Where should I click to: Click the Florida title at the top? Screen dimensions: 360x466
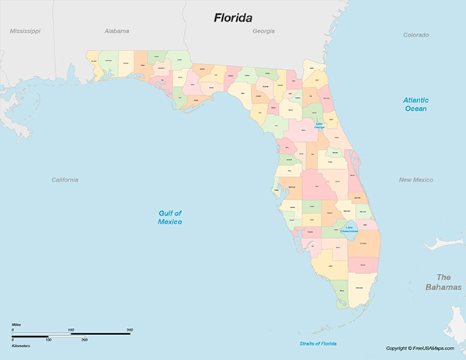pyautogui.click(x=238, y=16)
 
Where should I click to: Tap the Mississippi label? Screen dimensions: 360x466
pyautogui.click(x=25, y=31)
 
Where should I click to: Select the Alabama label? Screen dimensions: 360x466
pyautogui.click(x=116, y=31)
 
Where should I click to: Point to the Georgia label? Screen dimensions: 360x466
pyautogui.click(x=263, y=31)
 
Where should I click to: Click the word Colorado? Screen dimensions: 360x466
pyautogui.click(x=416, y=35)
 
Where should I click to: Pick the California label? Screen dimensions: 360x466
pyautogui.click(x=64, y=180)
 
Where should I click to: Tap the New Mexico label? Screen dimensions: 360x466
pyautogui.click(x=416, y=180)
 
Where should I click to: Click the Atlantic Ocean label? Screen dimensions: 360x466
pyautogui.click(x=416, y=105)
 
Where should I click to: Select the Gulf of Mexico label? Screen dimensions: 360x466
pyautogui.click(x=169, y=217)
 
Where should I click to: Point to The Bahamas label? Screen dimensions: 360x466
pyautogui.click(x=443, y=282)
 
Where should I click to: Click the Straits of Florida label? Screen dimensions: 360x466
pyautogui.click(x=318, y=343)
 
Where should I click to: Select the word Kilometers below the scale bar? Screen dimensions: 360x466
pyautogui.click(x=21, y=346)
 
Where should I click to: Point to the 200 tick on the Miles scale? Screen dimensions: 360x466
pyautogui.click(x=129, y=331)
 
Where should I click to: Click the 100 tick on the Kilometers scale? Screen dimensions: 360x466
pyautogui.click(x=48, y=340)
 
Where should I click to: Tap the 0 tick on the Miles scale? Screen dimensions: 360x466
pyautogui.click(x=12, y=331)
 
